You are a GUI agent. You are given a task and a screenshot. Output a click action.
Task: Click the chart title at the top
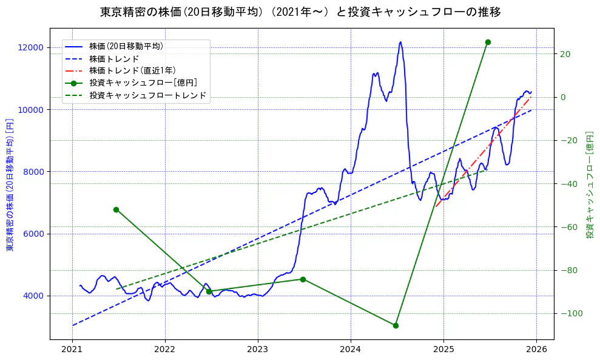pyautogui.click(x=300, y=12)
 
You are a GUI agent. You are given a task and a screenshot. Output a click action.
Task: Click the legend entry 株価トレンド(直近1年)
pyautogui.click(x=132, y=70)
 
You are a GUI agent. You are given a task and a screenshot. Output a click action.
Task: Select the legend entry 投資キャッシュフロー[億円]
pyautogui.click(x=143, y=83)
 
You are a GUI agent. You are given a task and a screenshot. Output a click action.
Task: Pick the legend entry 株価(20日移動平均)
pyautogui.click(x=126, y=46)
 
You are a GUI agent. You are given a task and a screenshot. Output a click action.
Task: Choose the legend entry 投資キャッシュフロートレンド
pyautogui.click(x=147, y=95)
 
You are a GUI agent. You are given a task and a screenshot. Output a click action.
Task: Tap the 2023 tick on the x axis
pyautogui.click(x=258, y=350)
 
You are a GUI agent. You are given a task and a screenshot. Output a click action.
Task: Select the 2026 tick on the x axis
pyautogui.click(x=536, y=350)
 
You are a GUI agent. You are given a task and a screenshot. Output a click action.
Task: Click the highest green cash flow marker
pyautogui.click(x=488, y=42)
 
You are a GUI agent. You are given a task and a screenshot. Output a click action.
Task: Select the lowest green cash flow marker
pyautogui.click(x=396, y=325)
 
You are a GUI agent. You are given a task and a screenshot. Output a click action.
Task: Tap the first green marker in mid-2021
pyautogui.click(x=116, y=209)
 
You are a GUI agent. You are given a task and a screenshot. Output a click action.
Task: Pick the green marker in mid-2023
pyautogui.click(x=303, y=279)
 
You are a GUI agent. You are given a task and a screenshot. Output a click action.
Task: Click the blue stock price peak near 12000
pyautogui.click(x=400, y=42)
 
